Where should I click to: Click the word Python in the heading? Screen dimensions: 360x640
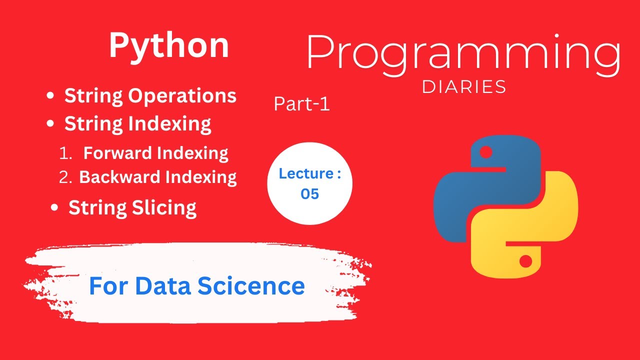tap(169, 46)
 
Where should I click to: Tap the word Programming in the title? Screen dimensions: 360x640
tap(463, 53)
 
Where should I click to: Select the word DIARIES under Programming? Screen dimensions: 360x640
tap(464, 87)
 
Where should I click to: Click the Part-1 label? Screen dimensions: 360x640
tap(301, 104)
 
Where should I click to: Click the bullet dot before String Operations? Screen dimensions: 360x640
tap(50, 96)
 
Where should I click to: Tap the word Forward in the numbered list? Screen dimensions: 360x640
tap(118, 153)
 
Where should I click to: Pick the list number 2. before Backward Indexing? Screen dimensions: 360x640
tap(66, 177)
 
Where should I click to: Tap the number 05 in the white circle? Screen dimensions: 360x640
tap(309, 194)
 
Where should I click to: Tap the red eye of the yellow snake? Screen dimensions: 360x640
tap(525, 261)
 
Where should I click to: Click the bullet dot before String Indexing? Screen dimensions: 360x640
tap(50, 124)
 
